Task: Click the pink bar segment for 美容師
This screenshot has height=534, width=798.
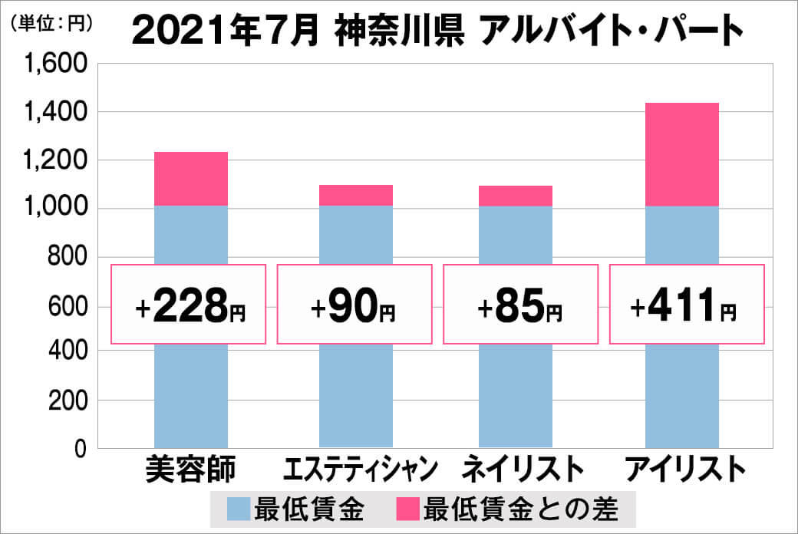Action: pos(190,179)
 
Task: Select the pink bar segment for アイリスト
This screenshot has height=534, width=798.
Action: pos(681,154)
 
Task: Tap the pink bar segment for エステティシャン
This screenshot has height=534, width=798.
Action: pos(356,196)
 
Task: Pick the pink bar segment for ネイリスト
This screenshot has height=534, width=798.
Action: pos(515,196)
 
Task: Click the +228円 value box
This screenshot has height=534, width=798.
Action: pos(190,305)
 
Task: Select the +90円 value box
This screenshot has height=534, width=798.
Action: pos(354,305)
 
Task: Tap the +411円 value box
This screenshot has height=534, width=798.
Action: pos(686,305)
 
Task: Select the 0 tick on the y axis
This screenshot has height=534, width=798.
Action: pos(79,450)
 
